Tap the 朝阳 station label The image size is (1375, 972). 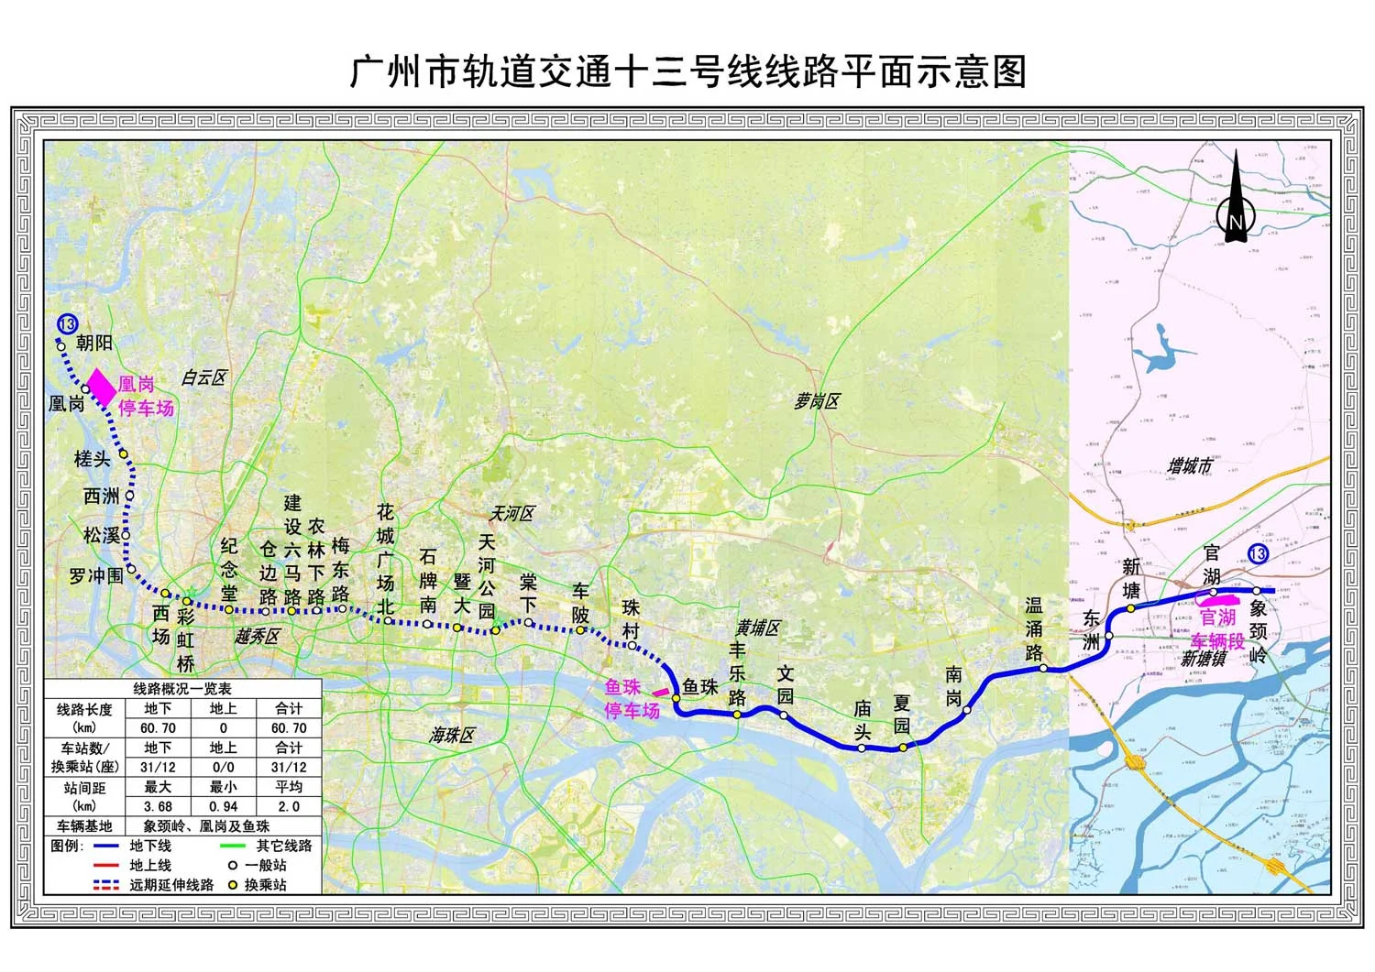click(94, 343)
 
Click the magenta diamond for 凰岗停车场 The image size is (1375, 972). click(101, 387)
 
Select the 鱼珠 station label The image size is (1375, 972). click(700, 687)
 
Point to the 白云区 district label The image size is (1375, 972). click(203, 377)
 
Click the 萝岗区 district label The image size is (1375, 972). click(817, 401)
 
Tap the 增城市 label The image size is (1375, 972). click(1190, 466)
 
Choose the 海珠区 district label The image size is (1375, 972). click(454, 735)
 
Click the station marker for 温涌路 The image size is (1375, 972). click(1043, 669)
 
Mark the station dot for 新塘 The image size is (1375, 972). click(1131, 607)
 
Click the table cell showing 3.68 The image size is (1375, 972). click(158, 806)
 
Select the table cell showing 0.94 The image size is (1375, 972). click(223, 806)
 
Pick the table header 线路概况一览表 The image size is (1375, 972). click(182, 689)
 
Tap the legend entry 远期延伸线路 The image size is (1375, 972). click(170, 885)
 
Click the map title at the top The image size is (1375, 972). click(687, 71)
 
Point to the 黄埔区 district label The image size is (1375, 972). click(757, 628)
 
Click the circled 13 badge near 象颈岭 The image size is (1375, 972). click(1258, 554)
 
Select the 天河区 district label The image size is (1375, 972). click(511, 514)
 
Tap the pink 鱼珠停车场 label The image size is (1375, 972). click(632, 699)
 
